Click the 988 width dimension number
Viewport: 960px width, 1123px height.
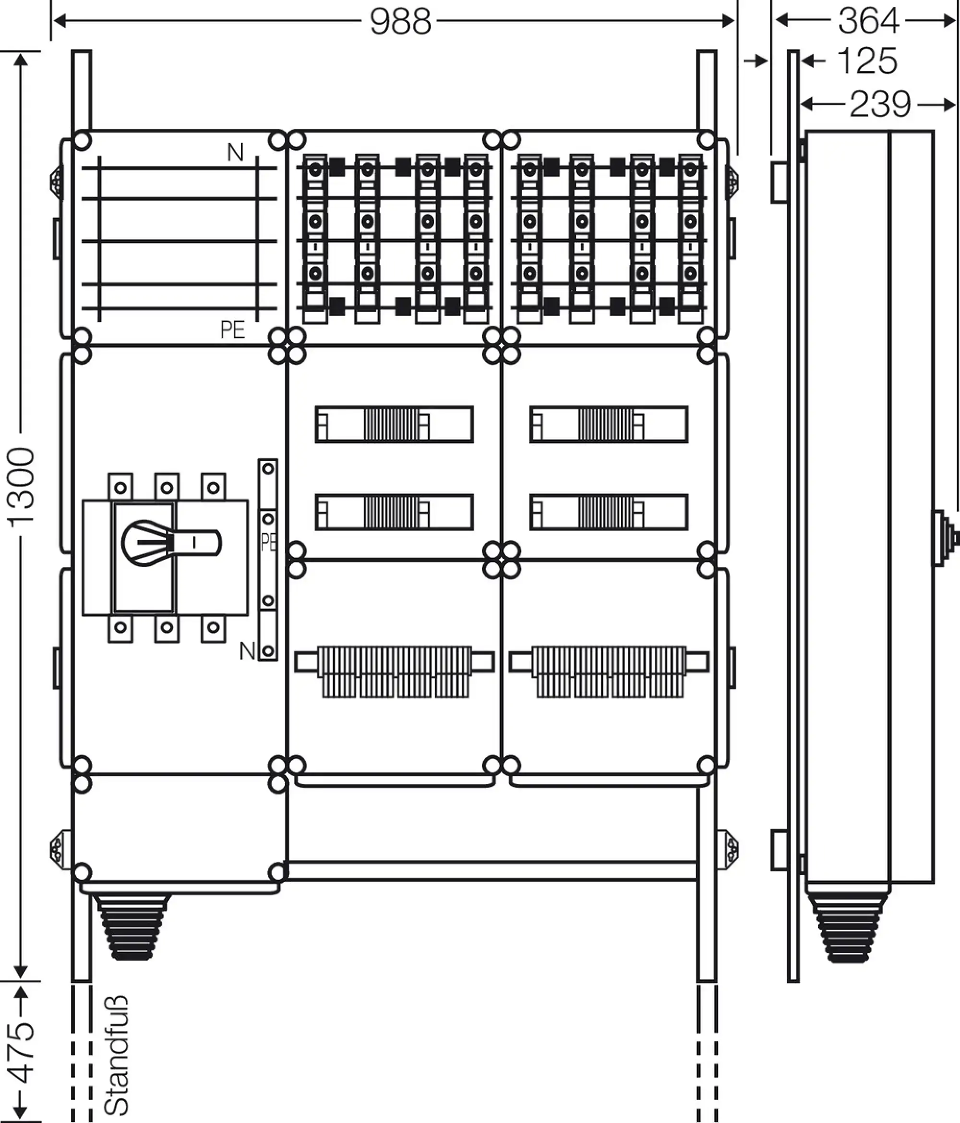click(401, 22)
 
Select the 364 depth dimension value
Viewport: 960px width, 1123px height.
click(868, 21)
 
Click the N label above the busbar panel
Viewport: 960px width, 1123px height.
click(235, 153)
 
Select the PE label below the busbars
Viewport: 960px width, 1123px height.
click(232, 330)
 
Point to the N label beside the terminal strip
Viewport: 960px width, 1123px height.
click(247, 651)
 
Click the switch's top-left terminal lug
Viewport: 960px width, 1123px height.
click(120, 487)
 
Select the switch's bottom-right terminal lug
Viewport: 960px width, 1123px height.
click(214, 629)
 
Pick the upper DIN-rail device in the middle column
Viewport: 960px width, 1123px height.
click(394, 424)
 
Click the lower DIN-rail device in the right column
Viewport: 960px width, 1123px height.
click(609, 512)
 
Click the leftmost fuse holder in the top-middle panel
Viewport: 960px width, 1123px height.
click(315, 238)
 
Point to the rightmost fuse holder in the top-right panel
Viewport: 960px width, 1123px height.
click(690, 238)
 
